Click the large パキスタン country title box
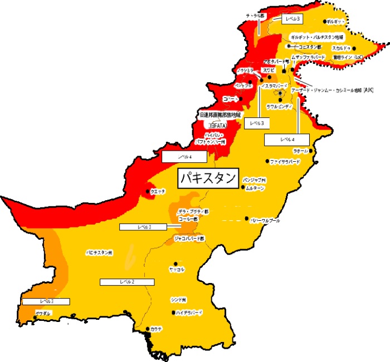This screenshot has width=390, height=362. coord(208,178)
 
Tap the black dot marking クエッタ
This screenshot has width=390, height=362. coord(148,191)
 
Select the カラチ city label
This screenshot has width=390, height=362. coord(157,329)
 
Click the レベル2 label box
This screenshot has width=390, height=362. coord(126,282)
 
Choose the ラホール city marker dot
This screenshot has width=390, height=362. coord(311,151)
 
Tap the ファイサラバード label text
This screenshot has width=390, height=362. coord(285,162)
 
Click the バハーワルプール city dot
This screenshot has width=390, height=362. coord(247,219)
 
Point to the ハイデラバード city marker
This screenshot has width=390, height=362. coord(173,313)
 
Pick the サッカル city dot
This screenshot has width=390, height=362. coord(175,263)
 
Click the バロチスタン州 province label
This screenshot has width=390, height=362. coord(99,252)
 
